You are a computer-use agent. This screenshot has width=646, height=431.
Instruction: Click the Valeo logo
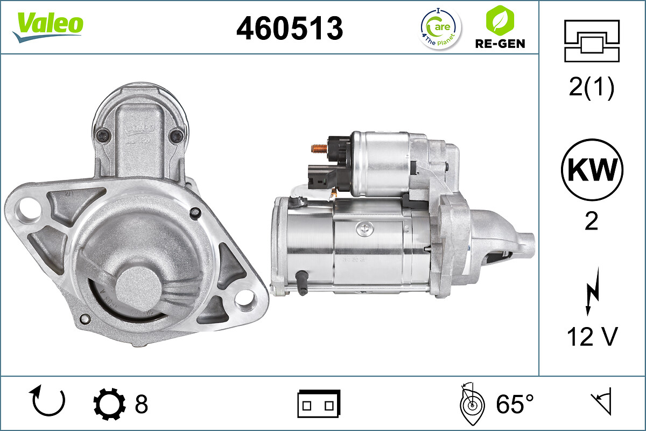pyautogui.click(x=48, y=26)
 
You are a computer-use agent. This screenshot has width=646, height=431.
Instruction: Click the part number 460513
pyautogui.click(x=290, y=28)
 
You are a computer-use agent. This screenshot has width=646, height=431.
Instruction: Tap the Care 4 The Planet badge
pyautogui.click(x=440, y=28)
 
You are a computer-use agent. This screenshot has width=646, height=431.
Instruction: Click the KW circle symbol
pyautogui.click(x=592, y=170)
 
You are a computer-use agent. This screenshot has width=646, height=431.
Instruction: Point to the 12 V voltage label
pyautogui.click(x=592, y=337)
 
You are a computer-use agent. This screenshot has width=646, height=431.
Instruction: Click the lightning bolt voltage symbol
pyautogui.click(x=592, y=298)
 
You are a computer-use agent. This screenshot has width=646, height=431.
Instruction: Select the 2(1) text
pyautogui.click(x=591, y=88)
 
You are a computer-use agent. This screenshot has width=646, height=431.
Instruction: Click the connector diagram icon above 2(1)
pyautogui.click(x=592, y=40)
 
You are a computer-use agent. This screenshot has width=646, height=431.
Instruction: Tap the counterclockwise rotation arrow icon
pyautogui.click(x=49, y=401)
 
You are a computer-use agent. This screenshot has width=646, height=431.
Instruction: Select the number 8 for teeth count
pyautogui.click(x=141, y=404)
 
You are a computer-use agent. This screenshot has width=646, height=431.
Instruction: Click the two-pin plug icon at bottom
pyautogui.click(x=319, y=404)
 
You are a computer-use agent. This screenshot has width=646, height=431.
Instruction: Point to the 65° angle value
pyautogui.click(x=515, y=404)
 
